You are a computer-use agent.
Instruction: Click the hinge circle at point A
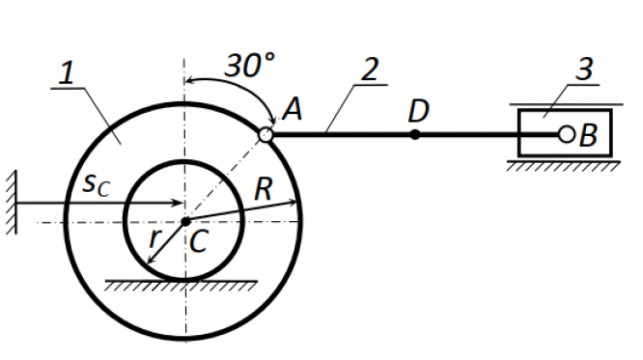[x=266, y=134]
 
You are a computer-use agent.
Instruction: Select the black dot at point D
[x=415, y=134]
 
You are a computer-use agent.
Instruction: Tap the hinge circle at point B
[x=567, y=134]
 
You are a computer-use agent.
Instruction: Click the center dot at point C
[x=185, y=222]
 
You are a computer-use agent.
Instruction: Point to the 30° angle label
[x=250, y=66]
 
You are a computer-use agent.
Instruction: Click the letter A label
[x=293, y=109]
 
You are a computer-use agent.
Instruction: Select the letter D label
[x=418, y=111]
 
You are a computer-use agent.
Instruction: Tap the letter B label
[x=588, y=135]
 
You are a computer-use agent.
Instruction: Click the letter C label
[x=199, y=241]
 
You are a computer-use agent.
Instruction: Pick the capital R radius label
[x=264, y=188]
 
